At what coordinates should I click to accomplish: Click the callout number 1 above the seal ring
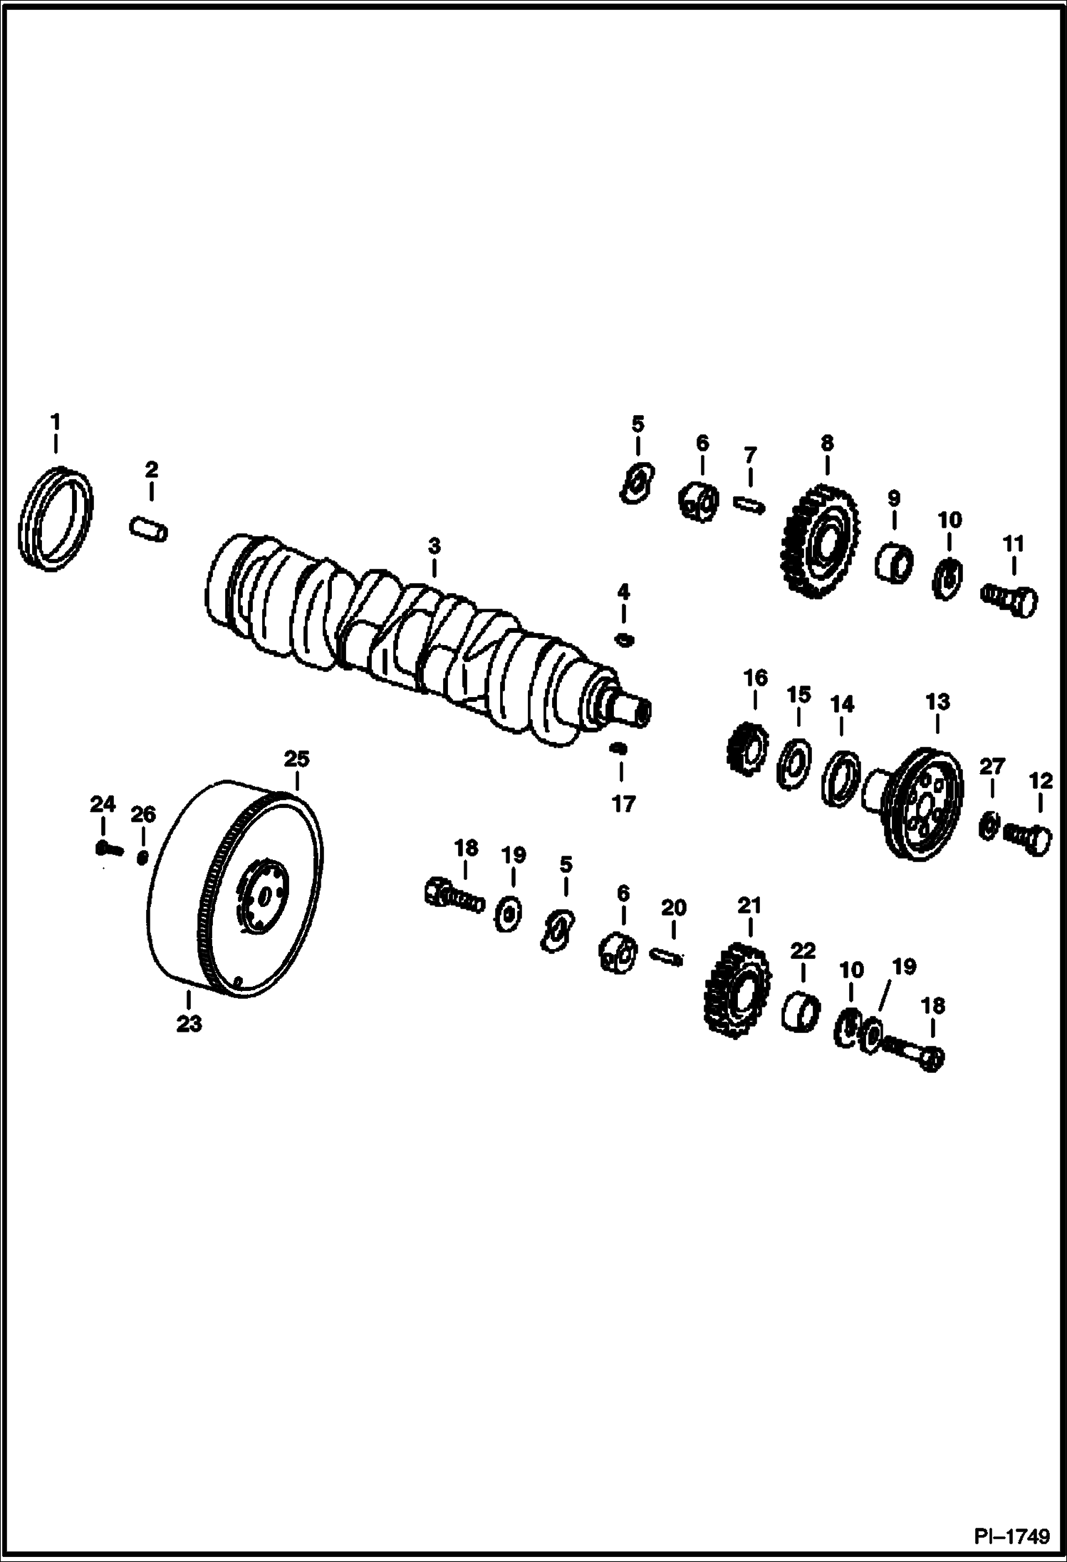(55, 422)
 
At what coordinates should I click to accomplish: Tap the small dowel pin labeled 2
(149, 531)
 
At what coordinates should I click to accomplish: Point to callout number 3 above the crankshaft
(434, 547)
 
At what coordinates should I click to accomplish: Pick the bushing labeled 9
(893, 560)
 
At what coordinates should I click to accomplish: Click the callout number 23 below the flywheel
(189, 1024)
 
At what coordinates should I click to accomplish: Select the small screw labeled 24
(107, 848)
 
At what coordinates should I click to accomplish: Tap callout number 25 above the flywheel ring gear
(297, 759)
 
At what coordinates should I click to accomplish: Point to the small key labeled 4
(624, 639)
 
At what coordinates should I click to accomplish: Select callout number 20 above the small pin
(673, 908)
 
